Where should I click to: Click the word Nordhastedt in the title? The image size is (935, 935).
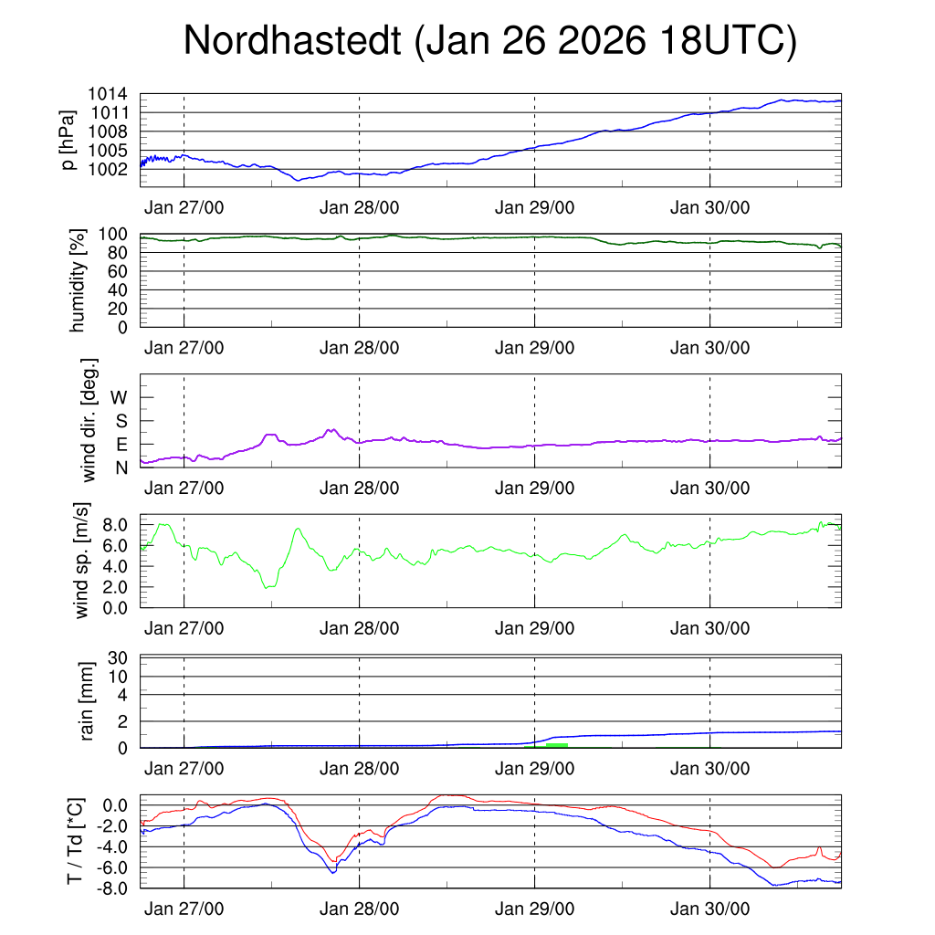pos(292,42)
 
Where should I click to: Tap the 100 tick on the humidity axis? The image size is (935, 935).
pos(120,234)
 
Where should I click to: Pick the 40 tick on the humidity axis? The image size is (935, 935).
pos(124,289)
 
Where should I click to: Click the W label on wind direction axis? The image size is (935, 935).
pos(120,397)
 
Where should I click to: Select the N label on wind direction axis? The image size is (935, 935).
pos(121,467)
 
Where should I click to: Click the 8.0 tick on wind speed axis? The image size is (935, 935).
pos(115,525)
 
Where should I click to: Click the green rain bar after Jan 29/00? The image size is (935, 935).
pos(557,745)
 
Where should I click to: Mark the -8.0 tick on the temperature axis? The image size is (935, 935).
pos(112,888)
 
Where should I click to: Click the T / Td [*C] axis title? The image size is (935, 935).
pos(75,841)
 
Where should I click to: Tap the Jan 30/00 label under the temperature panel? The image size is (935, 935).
pos(709,909)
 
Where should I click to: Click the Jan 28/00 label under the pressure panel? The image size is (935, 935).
pos(359,208)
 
